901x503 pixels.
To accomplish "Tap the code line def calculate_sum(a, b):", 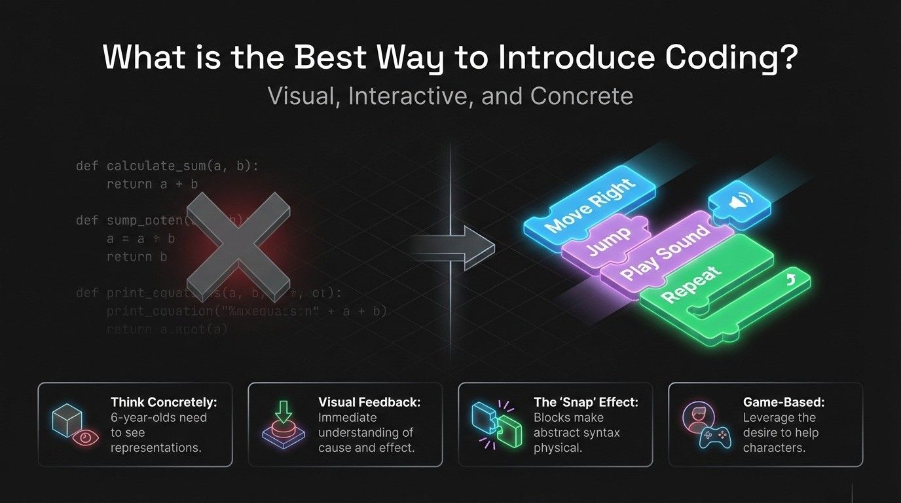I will [168, 166].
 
